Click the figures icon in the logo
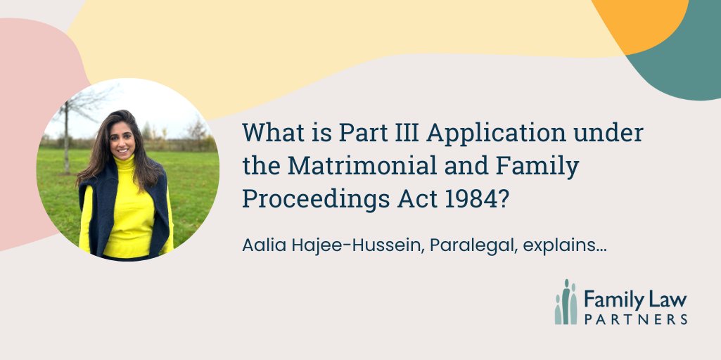565,302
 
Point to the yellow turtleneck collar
125,165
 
